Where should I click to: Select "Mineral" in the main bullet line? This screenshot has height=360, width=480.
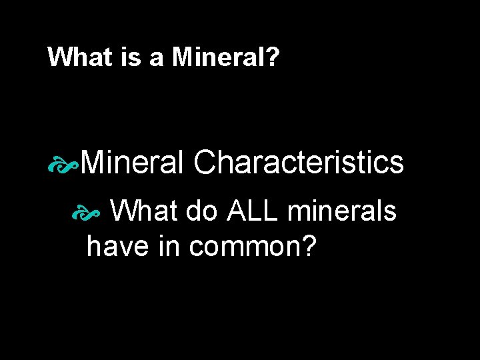tap(133, 162)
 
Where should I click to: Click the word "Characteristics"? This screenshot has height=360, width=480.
tap(299, 162)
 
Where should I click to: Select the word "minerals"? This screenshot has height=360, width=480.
tap(343, 212)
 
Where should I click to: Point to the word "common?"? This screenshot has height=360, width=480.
tap(253, 248)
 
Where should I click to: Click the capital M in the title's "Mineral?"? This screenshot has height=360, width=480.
tap(181, 57)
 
